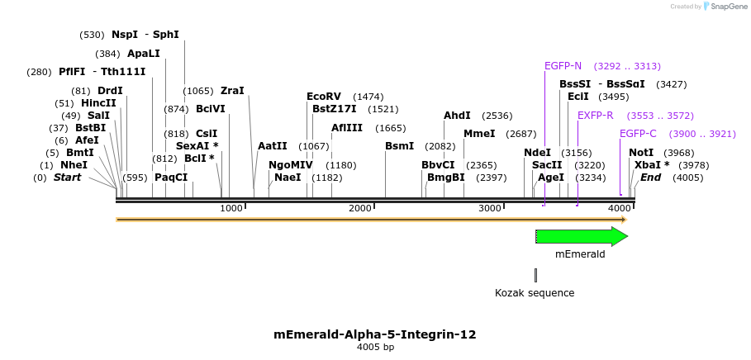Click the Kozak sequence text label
pos(535,293)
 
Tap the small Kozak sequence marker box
pos(535,275)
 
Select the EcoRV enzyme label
pos(323,97)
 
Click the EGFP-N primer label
pos(563,66)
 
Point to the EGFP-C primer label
pos(638,134)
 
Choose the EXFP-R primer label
pos(595,116)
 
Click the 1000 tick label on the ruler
pos(231,208)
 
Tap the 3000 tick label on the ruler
pos(490,208)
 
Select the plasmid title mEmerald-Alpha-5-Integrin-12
pos(374,334)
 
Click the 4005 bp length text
pos(375,348)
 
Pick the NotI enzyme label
pos(640,153)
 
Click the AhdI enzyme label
pos(457,116)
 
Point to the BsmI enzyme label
pos(399,146)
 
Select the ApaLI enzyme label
pos(143,54)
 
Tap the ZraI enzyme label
pos(232,91)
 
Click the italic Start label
pos(68,178)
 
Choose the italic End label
pos(650,178)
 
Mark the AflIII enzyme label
pos(346,128)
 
